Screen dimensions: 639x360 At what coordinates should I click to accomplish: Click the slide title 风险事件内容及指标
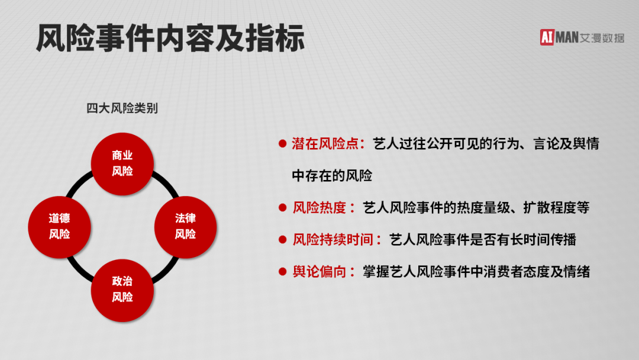tap(170, 38)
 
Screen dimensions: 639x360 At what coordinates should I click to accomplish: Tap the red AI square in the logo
tap(547, 37)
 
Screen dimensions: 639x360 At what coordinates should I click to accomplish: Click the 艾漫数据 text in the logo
tap(602, 38)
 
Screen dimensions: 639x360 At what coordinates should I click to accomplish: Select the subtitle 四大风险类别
tap(122, 108)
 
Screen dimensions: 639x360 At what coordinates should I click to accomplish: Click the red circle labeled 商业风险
tap(122, 163)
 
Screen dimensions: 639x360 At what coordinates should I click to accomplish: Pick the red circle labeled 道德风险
tap(60, 227)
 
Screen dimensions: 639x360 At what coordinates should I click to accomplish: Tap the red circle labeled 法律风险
tap(185, 227)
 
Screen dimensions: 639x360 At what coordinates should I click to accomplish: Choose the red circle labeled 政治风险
tap(122, 290)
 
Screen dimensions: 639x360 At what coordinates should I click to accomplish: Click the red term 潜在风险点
tap(325, 143)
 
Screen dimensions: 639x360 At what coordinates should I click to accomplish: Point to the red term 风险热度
tap(319, 207)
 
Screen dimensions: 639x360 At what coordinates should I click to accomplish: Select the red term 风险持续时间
tap(333, 240)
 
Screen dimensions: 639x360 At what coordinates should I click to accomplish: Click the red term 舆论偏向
tap(319, 272)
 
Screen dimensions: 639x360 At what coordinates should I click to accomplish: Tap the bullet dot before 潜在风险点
tap(282, 143)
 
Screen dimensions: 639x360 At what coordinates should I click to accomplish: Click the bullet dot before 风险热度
tap(282, 207)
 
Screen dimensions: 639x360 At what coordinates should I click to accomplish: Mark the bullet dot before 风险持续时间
tap(282, 240)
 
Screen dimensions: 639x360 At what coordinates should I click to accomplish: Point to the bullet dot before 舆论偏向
tap(282, 272)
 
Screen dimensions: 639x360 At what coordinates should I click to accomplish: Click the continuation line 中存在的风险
tap(332, 176)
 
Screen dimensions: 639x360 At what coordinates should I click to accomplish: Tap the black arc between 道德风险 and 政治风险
tap(79, 270)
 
